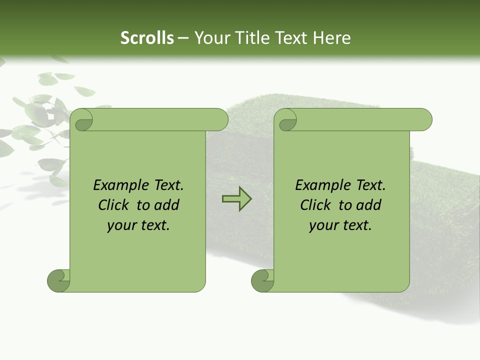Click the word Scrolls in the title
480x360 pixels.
coord(147,38)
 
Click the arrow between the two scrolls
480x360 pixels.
coord(236,198)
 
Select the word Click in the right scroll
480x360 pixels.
coord(316,205)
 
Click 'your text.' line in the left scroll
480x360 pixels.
coord(138,225)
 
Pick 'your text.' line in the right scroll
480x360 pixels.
coord(340,225)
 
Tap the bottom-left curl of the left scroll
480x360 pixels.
coord(58,280)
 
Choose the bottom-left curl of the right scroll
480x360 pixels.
coord(262,280)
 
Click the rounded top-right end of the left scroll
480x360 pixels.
coord(220,120)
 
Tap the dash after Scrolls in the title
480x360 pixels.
coord(183,38)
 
